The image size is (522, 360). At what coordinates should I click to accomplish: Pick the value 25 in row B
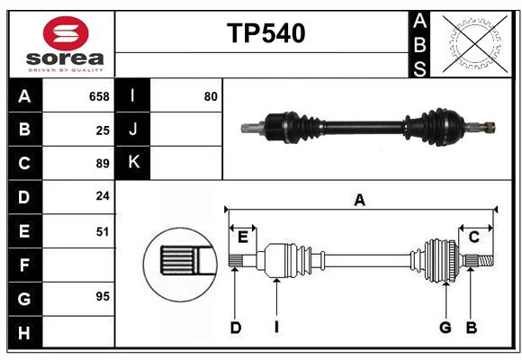(103, 130)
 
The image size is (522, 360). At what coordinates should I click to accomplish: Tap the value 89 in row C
(103, 164)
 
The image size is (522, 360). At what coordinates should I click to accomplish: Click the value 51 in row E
(103, 231)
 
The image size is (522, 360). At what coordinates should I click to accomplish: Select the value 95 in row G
(103, 296)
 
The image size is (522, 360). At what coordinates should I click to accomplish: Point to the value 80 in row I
(211, 96)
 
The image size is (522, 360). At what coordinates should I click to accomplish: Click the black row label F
(24, 265)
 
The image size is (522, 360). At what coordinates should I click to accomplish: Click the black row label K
(133, 163)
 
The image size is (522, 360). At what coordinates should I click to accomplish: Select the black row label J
(133, 130)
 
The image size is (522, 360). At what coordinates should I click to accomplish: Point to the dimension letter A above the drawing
(359, 200)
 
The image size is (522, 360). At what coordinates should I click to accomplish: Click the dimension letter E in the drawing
(243, 237)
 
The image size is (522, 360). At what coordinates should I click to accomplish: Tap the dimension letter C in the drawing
(473, 237)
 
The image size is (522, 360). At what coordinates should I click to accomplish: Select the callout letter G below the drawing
(445, 328)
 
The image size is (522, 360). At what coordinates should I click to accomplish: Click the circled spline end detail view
(180, 261)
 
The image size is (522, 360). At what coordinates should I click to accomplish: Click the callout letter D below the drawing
(235, 328)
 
